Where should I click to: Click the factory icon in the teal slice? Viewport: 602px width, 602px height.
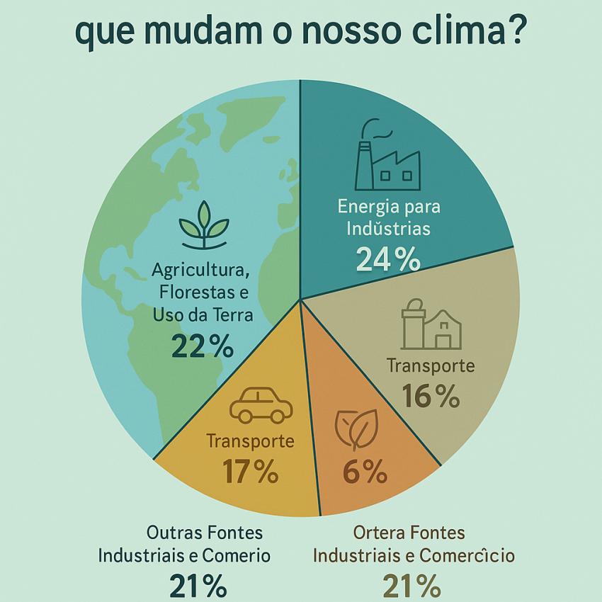(x=388, y=154)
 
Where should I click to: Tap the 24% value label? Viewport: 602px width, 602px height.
(x=388, y=259)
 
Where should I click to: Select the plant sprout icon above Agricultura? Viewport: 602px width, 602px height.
(x=204, y=225)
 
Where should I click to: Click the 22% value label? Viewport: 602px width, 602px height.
(x=203, y=346)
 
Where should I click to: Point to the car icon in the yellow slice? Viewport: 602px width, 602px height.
(x=261, y=405)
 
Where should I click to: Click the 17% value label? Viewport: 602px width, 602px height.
(x=250, y=471)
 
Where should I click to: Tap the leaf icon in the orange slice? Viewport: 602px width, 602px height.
(x=357, y=430)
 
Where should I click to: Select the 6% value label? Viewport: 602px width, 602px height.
(x=365, y=471)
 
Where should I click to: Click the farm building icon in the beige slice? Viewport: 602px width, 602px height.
(x=431, y=324)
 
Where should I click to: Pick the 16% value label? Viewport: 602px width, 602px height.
(x=431, y=396)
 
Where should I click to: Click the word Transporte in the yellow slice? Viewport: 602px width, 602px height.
(x=250, y=441)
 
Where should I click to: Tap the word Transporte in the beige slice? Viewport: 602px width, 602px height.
(x=431, y=365)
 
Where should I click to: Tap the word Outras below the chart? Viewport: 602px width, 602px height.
(x=175, y=533)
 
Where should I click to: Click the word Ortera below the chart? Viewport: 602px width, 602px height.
(x=379, y=533)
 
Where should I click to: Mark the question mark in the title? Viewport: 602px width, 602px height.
(x=515, y=29)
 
